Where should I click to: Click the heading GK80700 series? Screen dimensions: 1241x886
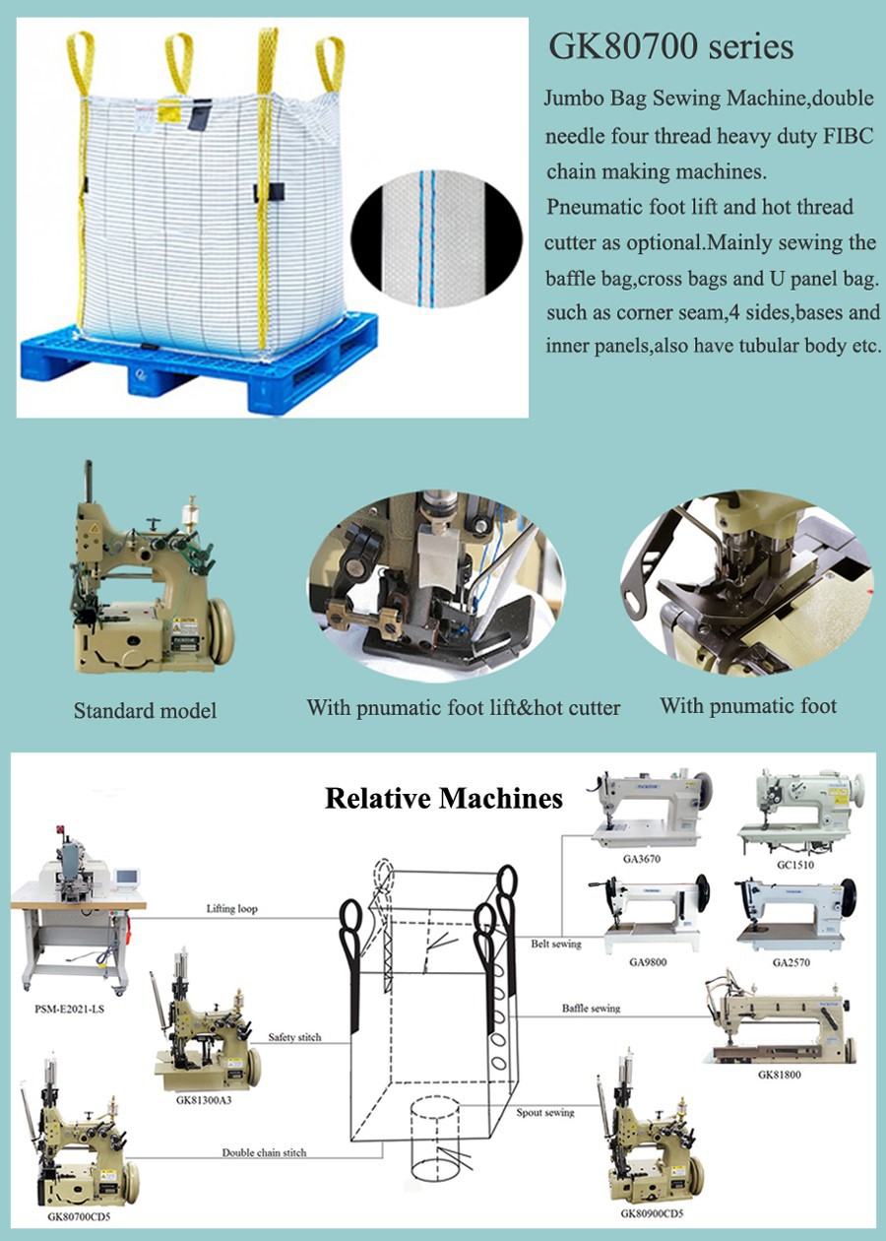[x=670, y=47]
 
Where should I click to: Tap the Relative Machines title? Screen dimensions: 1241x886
[x=444, y=798]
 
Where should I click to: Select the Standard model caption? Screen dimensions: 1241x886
[x=145, y=710]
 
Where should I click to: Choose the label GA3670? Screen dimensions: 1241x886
[x=635, y=859]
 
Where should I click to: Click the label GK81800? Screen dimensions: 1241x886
[x=779, y=1075]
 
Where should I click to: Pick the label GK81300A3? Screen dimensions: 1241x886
[x=204, y=1100]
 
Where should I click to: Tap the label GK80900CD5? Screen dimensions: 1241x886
[x=652, y=1213]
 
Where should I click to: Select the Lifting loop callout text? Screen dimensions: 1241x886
[x=232, y=908]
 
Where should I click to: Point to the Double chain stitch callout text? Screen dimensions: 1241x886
[x=264, y=1151]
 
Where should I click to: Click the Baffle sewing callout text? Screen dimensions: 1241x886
[x=591, y=1009]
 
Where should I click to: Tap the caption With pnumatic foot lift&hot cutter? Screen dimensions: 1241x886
[x=463, y=708]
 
